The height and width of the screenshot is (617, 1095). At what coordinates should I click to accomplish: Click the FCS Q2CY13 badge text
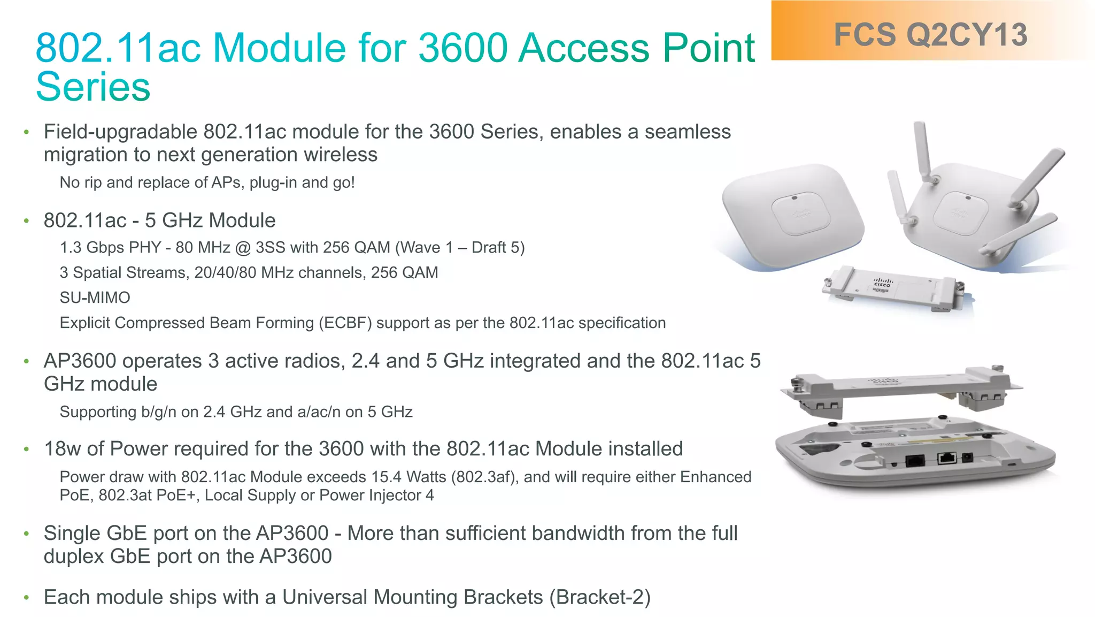click(930, 35)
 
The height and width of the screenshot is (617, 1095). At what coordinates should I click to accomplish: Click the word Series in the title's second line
click(93, 87)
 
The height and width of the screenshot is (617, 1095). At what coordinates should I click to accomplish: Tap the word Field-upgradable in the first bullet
click(121, 132)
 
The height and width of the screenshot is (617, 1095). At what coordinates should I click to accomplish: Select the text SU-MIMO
click(95, 298)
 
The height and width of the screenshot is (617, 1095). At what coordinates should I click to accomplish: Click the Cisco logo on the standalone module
click(882, 282)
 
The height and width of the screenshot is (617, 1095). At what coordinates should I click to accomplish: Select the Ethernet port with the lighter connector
click(947, 458)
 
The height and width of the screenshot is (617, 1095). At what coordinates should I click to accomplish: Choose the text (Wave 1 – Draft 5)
click(460, 247)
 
